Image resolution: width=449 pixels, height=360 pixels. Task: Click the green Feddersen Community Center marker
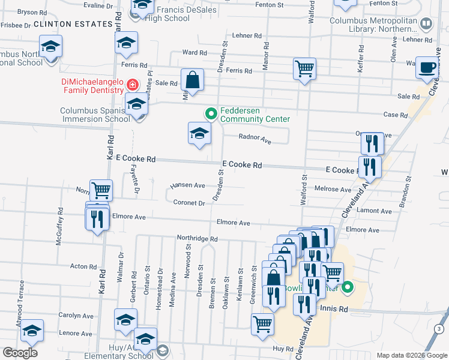[211, 113]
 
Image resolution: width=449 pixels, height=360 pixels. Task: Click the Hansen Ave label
[187, 185]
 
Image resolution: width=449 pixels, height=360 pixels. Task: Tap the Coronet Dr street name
[189, 203]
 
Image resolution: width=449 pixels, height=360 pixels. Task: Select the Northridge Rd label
[197, 238]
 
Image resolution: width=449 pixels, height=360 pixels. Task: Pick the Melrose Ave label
[333, 189]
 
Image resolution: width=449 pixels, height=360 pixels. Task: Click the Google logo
[20, 353]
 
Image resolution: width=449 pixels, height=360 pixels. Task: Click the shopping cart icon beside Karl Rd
[101, 191]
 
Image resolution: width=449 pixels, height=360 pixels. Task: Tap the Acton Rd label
[83, 266]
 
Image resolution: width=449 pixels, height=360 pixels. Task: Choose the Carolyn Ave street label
[76, 316]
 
